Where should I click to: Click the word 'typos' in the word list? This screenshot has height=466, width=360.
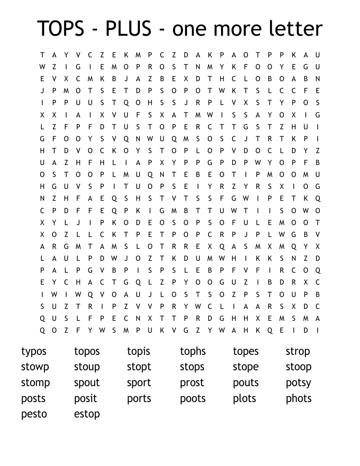(x=34, y=352)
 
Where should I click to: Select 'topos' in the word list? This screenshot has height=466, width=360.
(x=87, y=352)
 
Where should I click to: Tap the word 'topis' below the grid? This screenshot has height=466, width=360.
(x=139, y=352)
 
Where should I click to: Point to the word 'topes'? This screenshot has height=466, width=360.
(x=246, y=352)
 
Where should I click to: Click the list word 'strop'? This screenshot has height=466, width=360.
(x=298, y=352)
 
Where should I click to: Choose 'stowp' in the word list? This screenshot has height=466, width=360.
(x=35, y=367)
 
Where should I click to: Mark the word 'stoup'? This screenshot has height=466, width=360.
(x=87, y=367)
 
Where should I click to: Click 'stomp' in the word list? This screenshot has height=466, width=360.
(x=35, y=383)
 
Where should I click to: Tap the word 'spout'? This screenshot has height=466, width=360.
(x=87, y=383)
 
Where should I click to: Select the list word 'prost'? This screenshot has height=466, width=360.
(x=192, y=383)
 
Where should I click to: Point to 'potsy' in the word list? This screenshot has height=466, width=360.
(x=298, y=383)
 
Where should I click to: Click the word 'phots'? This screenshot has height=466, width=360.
(x=299, y=398)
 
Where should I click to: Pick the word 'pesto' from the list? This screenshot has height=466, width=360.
(x=34, y=414)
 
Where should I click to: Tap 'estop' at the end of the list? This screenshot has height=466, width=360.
(x=87, y=414)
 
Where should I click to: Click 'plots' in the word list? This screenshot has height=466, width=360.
(x=244, y=398)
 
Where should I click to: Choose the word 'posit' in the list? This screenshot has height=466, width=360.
(x=86, y=398)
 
